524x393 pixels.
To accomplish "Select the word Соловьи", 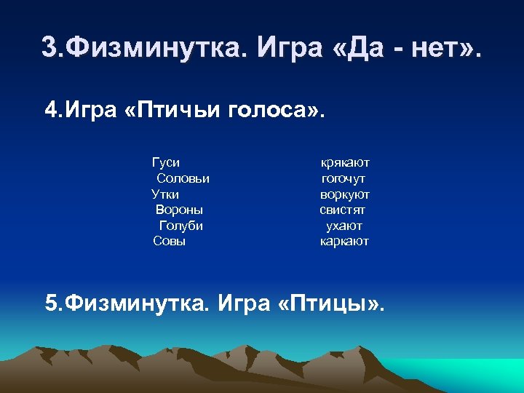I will pos(183,178).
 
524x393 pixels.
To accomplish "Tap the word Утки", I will pos(165,194).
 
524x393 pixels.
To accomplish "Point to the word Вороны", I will pos(179,210).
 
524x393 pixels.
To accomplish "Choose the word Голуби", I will pos(180,226).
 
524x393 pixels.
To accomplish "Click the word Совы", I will pos(169,241).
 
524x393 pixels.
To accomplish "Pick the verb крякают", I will pos(345,163).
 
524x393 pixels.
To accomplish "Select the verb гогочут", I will pos(344,178).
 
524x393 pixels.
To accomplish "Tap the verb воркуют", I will pos(344,194).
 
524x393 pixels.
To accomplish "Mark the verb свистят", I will pos(342,210).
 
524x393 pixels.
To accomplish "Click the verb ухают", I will pos(344,226).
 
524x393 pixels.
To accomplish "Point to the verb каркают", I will pos(344,241).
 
